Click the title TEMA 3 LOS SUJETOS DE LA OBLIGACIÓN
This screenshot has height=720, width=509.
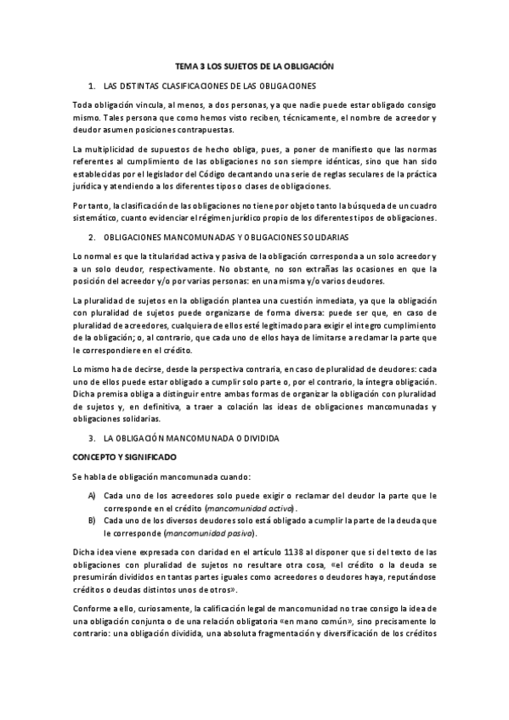point(254,65)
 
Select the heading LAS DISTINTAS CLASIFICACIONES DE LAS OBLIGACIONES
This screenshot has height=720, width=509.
point(209,86)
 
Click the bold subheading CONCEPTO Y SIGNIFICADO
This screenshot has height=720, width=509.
point(118,457)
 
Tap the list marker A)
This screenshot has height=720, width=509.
point(92,495)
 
